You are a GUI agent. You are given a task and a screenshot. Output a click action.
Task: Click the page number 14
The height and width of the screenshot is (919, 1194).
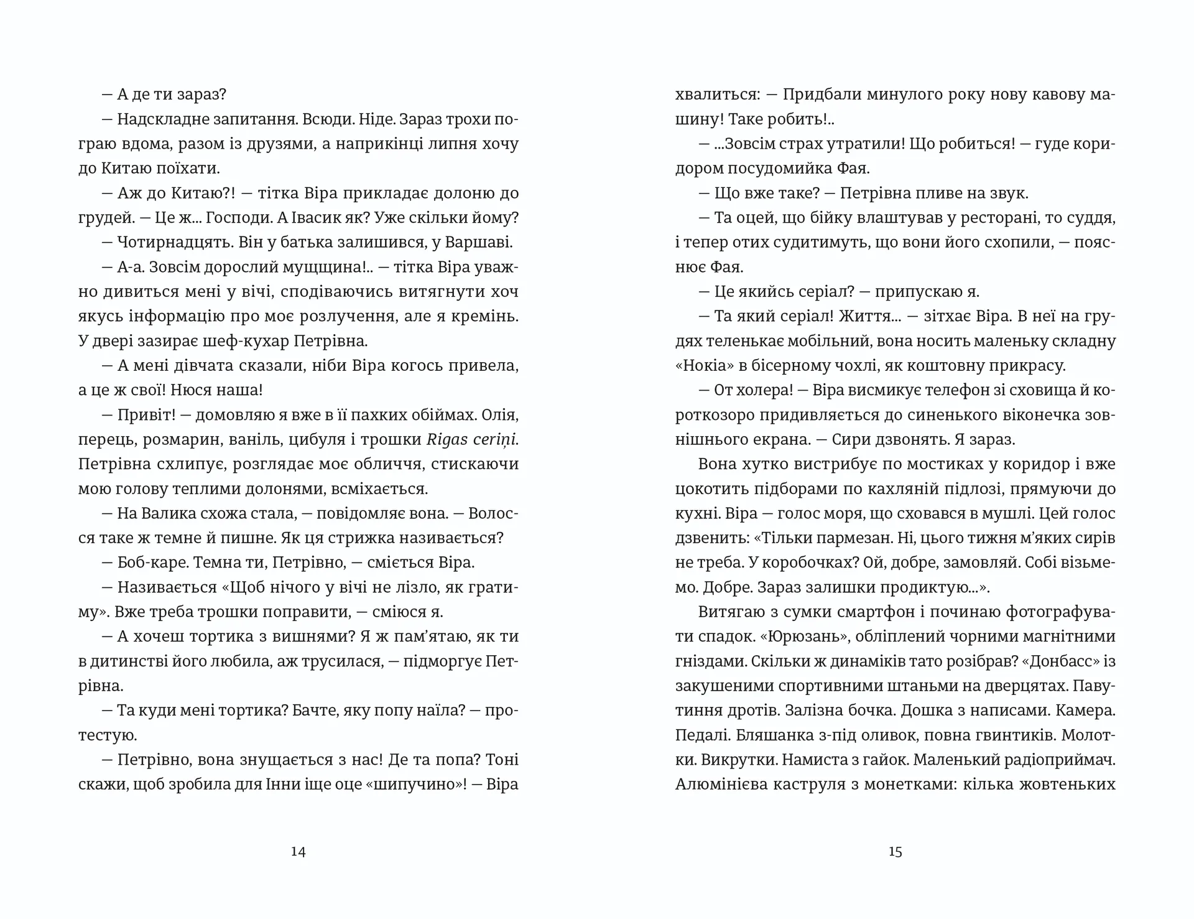[298, 852]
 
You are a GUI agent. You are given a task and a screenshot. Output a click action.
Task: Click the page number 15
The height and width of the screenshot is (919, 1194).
[895, 852]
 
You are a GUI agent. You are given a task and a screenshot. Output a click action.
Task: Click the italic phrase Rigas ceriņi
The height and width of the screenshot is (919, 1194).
[472, 439]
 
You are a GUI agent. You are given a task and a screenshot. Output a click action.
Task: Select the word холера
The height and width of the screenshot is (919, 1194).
[762, 390]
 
